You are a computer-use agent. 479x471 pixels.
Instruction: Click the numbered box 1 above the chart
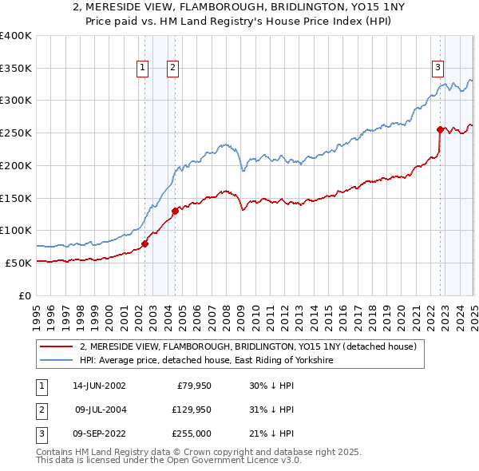(142, 69)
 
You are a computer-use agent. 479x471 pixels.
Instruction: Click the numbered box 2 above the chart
(172, 69)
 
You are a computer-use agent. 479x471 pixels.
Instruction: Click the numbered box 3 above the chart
(438, 69)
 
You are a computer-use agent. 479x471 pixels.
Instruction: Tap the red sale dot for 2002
(144, 243)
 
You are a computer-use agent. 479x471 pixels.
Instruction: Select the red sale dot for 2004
(175, 211)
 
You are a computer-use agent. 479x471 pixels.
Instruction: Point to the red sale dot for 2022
(440, 129)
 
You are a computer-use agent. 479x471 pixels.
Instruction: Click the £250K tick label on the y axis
(16, 133)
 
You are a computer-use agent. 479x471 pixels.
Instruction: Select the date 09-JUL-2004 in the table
(100, 410)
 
